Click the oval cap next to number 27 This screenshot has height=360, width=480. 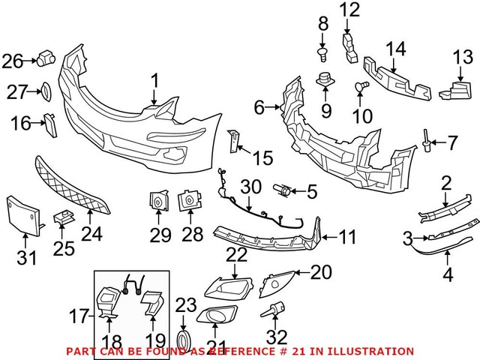pos(43,91)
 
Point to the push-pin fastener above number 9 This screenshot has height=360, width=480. pos(325,79)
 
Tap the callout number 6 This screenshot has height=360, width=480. pos(259,108)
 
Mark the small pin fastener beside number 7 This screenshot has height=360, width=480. pos(426,138)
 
